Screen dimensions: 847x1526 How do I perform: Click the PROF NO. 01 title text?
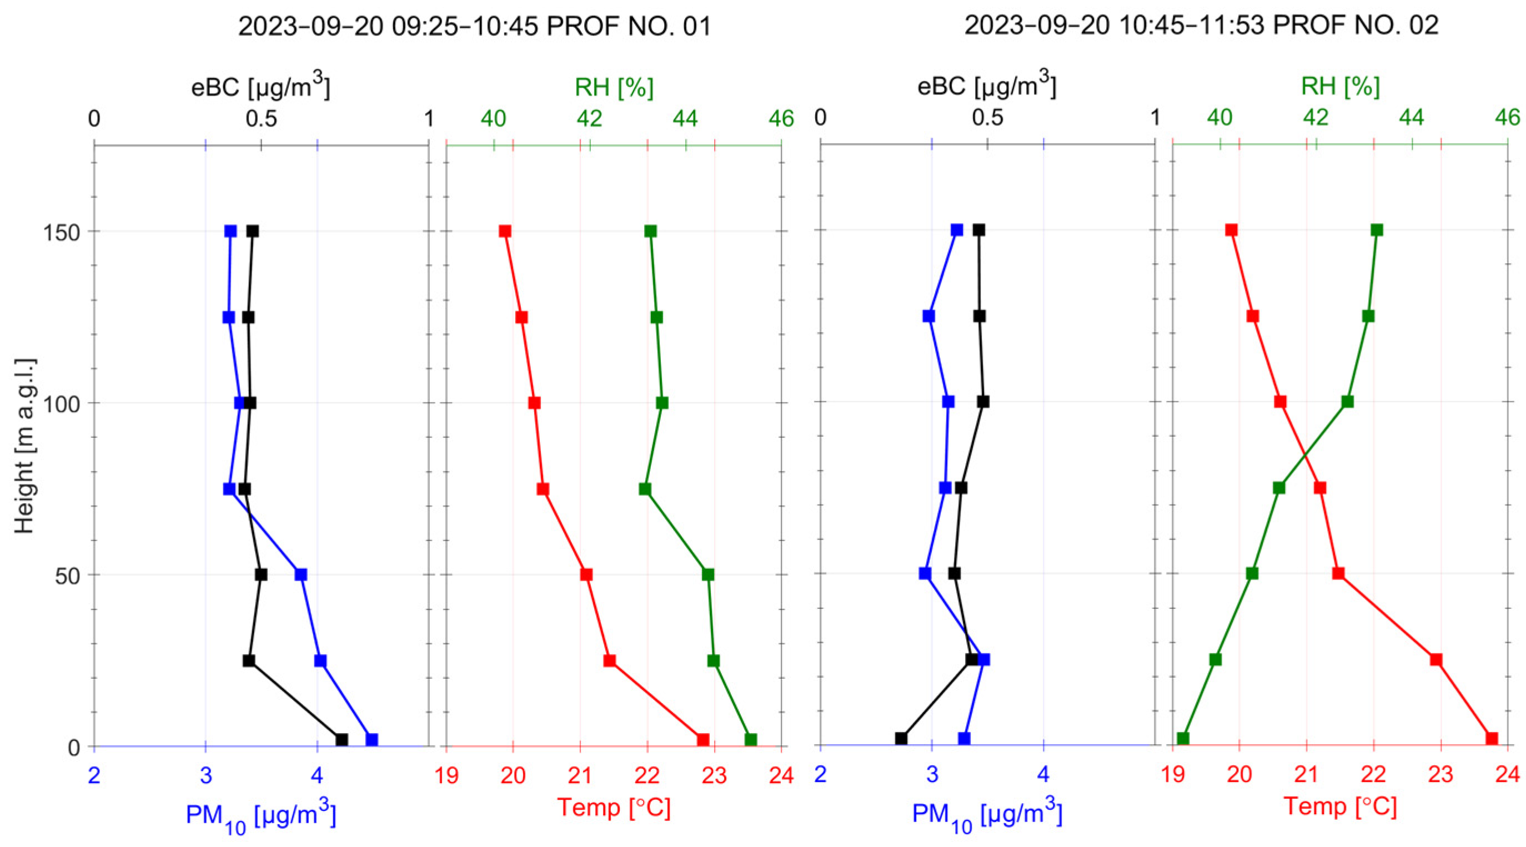(x=474, y=27)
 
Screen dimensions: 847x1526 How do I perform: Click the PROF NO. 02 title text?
(x=1201, y=26)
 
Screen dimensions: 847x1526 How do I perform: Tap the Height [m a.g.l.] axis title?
(x=25, y=445)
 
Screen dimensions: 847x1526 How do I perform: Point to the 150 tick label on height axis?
(x=62, y=232)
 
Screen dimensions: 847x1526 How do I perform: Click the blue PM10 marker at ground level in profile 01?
(x=372, y=740)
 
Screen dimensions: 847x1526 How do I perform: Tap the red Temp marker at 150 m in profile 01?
(x=505, y=231)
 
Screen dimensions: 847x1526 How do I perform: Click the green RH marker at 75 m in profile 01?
(x=645, y=489)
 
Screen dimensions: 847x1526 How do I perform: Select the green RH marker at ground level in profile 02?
(x=1183, y=739)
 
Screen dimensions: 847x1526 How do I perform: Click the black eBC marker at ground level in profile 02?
(x=901, y=739)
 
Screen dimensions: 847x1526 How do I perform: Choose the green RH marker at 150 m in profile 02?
(x=1377, y=230)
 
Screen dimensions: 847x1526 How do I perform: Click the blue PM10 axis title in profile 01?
(x=260, y=816)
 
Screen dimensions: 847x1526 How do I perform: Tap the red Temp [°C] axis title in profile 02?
(x=1341, y=806)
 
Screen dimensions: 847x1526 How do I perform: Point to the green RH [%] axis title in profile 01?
(x=614, y=88)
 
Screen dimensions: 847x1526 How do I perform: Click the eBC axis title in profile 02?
(x=986, y=85)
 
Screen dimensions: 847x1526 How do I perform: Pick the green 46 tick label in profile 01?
(x=781, y=119)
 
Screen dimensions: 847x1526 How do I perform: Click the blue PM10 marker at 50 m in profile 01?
(x=301, y=574)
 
